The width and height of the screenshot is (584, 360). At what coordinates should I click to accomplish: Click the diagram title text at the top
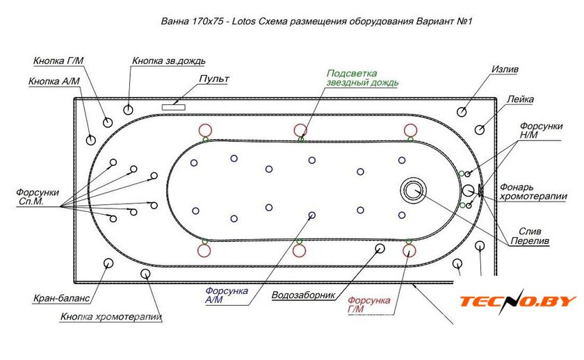(316, 22)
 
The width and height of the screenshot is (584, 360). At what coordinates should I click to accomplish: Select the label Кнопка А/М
(54, 81)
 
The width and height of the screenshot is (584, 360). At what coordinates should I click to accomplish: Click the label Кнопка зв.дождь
(168, 61)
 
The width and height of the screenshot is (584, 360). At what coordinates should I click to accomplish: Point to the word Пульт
(213, 79)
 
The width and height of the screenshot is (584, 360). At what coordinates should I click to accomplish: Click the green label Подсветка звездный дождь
(362, 78)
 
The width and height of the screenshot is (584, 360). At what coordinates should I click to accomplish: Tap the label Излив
(505, 70)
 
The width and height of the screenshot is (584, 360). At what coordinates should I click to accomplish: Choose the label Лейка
(520, 99)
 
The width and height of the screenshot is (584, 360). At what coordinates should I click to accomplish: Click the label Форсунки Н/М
(540, 130)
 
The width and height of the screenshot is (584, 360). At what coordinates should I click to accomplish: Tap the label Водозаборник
(305, 295)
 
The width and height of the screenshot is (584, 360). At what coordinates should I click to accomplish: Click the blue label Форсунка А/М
(227, 295)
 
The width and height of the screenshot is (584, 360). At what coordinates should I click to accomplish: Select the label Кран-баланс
(61, 300)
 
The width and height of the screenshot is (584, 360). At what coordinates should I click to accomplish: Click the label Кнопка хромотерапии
(111, 317)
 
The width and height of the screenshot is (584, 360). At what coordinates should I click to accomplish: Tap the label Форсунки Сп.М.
(39, 197)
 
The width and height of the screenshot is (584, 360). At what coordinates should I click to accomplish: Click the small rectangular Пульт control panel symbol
(174, 106)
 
